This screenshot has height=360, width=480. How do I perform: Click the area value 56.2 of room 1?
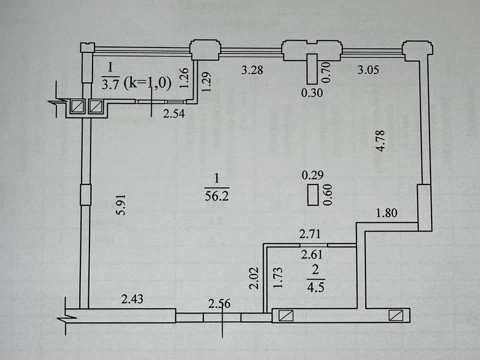[216, 196]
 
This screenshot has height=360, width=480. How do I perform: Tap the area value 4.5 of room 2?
[315, 287]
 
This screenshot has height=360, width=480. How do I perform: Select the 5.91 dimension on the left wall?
[121, 205]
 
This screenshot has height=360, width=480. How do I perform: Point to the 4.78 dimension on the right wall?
[381, 141]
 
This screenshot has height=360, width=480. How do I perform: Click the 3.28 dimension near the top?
[252, 70]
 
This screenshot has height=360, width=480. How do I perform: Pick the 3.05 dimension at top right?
[368, 70]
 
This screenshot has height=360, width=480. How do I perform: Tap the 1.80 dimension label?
[386, 213]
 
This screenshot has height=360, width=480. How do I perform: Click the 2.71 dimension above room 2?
[310, 234]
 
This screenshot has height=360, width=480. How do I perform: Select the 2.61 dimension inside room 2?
[311, 254]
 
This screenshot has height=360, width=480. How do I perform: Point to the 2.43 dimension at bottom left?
[132, 299]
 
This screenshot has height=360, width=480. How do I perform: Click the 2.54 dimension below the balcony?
[173, 113]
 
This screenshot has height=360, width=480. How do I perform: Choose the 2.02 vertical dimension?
[254, 278]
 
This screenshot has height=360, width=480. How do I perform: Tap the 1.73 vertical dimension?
[277, 277]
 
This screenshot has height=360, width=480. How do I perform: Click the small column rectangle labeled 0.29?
[312, 195]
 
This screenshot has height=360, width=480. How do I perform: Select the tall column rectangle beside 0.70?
[312, 69]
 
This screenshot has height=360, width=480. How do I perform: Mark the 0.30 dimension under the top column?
[312, 93]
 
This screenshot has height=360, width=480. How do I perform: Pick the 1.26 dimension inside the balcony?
[184, 78]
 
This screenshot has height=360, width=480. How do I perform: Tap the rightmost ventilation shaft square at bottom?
[396, 315]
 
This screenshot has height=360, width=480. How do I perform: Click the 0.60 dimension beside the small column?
[327, 195]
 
